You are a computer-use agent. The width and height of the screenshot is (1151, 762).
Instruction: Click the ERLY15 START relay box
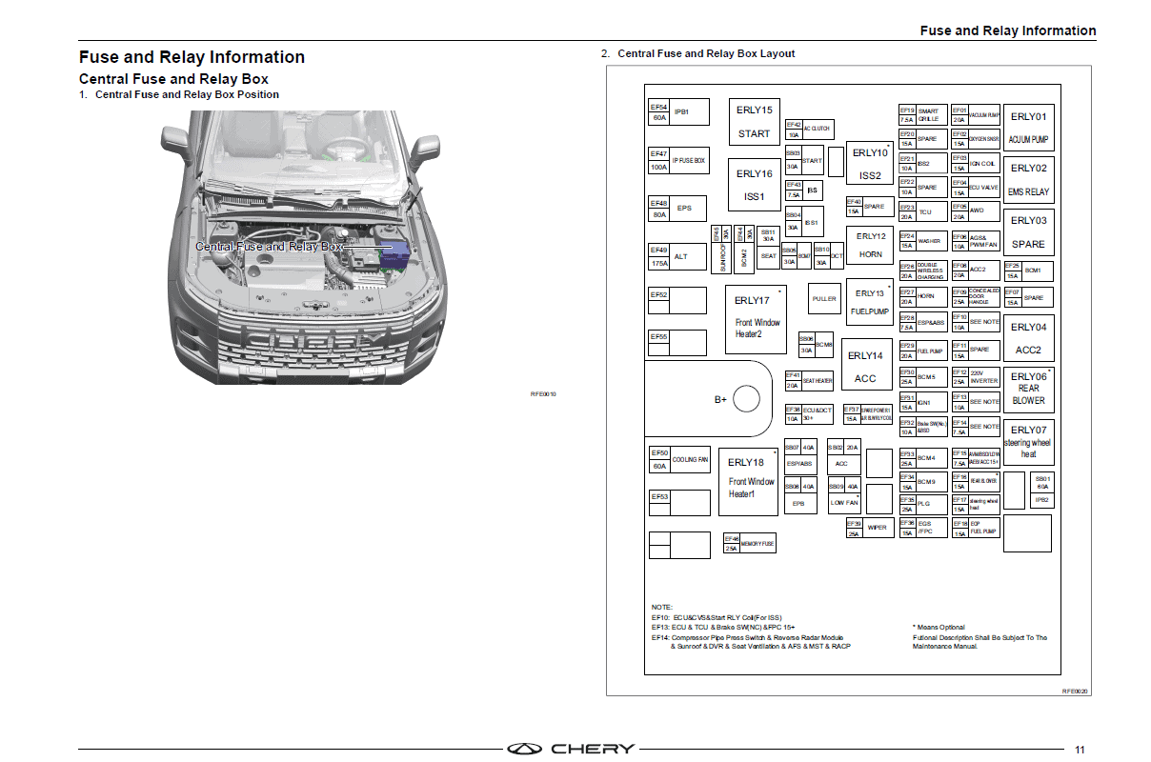pyautogui.click(x=754, y=122)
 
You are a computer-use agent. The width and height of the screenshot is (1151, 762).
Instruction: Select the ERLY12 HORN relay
pyautogui.click(x=870, y=246)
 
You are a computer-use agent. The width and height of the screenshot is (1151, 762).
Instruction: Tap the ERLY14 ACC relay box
pyautogui.click(x=865, y=366)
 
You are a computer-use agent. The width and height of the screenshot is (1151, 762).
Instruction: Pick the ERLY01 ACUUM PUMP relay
pyautogui.click(x=1028, y=128)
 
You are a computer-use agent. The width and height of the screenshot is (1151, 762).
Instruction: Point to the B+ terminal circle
pyautogui.click(x=745, y=399)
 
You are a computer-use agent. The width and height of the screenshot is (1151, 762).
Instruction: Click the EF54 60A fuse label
pyautogui.click(x=658, y=112)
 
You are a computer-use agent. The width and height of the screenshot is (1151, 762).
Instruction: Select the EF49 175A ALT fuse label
pyautogui.click(x=659, y=256)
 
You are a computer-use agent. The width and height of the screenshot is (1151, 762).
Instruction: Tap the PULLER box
pyautogui.click(x=824, y=299)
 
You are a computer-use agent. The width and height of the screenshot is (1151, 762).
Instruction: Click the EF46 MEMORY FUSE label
pyautogui.click(x=749, y=543)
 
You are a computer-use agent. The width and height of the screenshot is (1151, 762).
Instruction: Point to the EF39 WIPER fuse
pyautogui.click(x=867, y=528)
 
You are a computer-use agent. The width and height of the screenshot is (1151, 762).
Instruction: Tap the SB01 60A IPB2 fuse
pyautogui.click(x=1041, y=489)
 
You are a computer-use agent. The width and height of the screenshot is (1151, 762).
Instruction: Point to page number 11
pyautogui.click(x=1080, y=749)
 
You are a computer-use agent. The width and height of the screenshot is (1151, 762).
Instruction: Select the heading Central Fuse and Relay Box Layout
pyautogui.click(x=705, y=53)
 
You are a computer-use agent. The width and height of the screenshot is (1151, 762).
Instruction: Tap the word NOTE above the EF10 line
pyautogui.click(x=662, y=607)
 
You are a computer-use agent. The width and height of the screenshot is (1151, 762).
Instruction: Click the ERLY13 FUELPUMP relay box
pyautogui.click(x=869, y=302)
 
